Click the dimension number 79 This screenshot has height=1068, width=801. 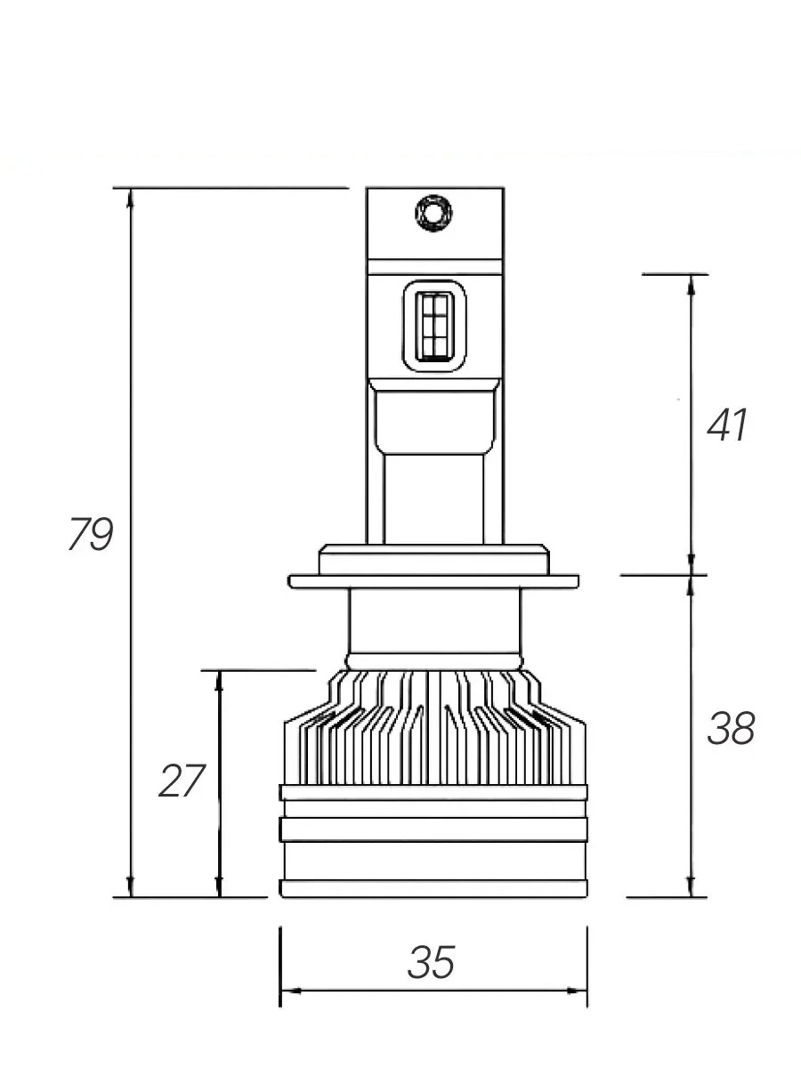point(91,535)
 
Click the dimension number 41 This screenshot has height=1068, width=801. point(727,426)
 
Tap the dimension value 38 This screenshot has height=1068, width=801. point(731,729)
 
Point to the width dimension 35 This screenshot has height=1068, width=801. point(432,962)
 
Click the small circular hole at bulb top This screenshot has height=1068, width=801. point(433,212)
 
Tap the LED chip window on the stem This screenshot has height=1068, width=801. point(434,326)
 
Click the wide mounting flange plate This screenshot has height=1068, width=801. point(433,581)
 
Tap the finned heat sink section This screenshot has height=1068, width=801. point(433,730)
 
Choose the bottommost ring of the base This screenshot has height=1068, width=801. point(433,887)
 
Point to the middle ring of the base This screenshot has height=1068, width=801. point(433,829)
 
